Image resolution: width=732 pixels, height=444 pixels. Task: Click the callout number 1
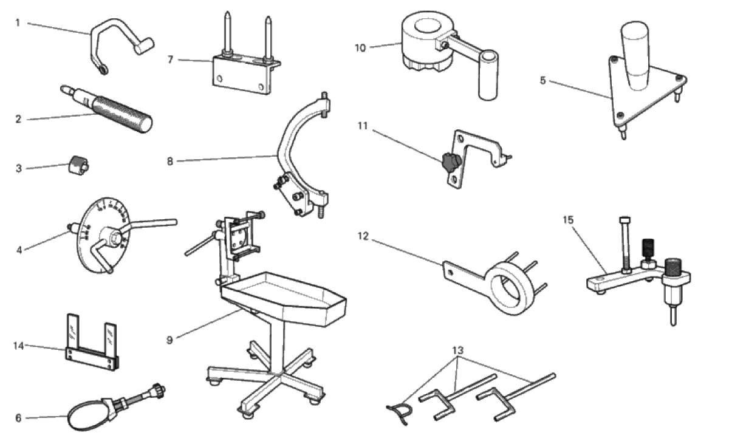pos(18,23)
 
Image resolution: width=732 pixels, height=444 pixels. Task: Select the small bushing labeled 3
pos(77,165)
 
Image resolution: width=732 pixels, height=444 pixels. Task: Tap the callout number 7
pos(171,60)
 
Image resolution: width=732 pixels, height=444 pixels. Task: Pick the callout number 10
pos(361,47)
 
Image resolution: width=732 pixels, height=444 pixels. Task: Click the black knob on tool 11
pos(450,162)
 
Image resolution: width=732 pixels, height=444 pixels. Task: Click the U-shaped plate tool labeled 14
pos(91,353)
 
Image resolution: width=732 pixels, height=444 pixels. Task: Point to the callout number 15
pos(568,220)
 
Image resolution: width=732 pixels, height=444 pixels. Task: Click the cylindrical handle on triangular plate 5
pos(635,55)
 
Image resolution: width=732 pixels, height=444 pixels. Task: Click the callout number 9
pos(169,340)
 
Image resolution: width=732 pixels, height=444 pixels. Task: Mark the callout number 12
pos(363,236)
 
